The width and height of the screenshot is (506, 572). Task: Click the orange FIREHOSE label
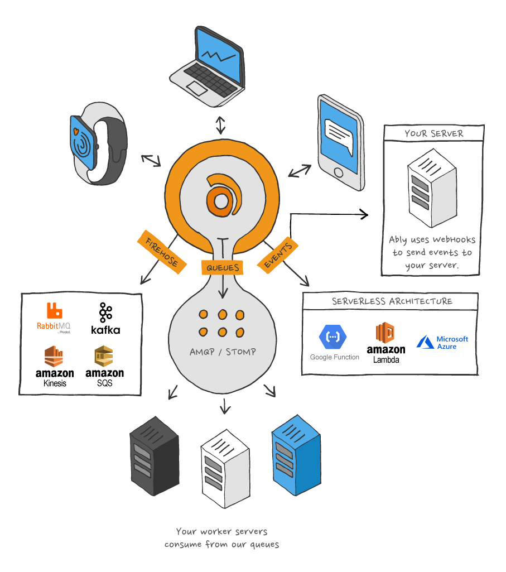161,251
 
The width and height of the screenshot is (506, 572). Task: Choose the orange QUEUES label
223,267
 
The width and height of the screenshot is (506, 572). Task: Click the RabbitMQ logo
54,319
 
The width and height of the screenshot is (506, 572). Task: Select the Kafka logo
105,319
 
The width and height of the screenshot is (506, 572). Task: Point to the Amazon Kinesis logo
55,366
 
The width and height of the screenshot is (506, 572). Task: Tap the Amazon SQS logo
104,366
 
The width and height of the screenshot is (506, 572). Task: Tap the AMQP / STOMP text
223,352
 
